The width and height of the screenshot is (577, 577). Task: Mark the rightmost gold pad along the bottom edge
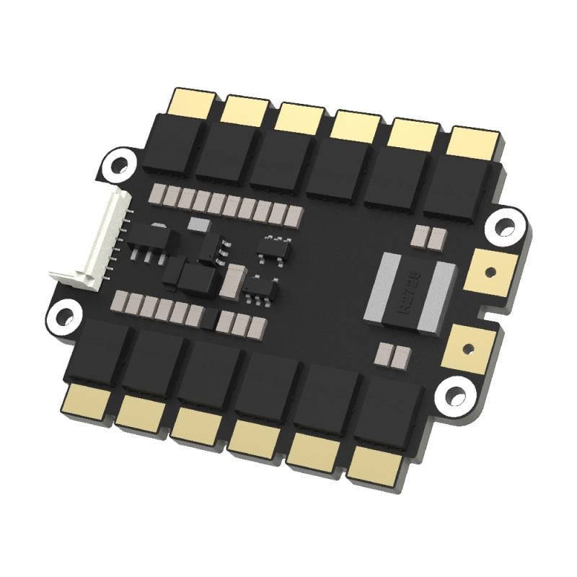click(x=375, y=465)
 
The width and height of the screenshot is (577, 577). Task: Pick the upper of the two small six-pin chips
click(x=275, y=247)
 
